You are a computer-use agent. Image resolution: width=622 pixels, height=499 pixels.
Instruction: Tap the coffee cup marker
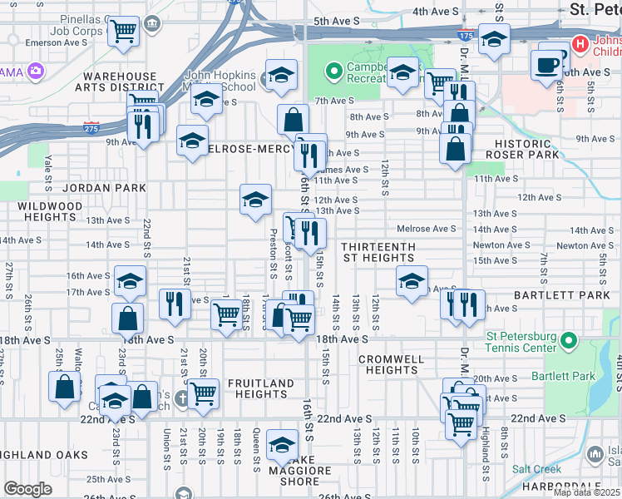point(548,63)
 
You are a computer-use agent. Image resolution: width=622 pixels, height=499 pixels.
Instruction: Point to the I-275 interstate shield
point(91,128)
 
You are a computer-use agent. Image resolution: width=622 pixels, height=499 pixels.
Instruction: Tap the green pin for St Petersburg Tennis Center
point(569,340)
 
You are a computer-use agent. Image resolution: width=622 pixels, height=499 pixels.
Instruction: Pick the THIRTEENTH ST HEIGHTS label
point(389,253)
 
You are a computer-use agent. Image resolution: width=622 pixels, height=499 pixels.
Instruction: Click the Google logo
point(27,489)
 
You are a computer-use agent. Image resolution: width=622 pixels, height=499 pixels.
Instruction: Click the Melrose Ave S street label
point(427,229)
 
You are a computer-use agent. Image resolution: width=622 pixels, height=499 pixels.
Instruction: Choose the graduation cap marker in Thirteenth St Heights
point(411,282)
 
